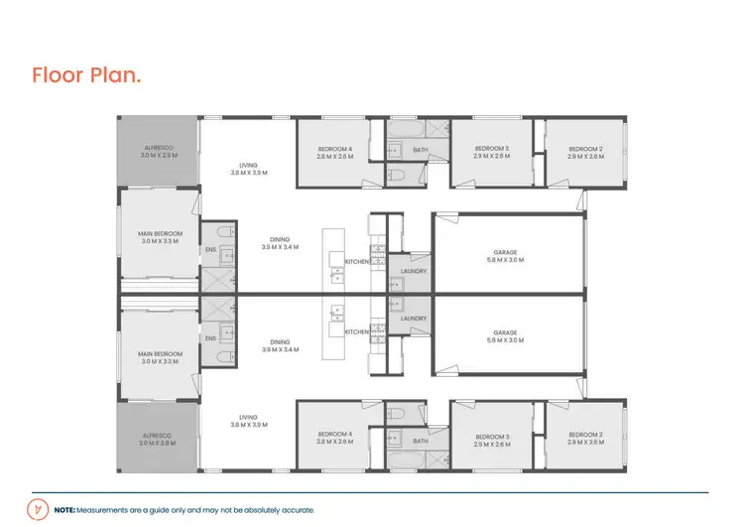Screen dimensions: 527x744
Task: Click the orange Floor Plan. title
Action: coord(85,74)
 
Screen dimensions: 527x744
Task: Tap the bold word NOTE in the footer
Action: coord(64,509)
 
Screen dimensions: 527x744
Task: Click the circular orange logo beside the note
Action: coord(39,509)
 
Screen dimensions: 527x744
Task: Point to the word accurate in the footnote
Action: coord(295,509)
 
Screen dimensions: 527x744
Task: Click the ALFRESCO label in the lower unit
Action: coord(157,435)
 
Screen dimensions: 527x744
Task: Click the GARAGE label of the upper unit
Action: coord(506,253)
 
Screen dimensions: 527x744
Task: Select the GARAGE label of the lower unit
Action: coord(506,333)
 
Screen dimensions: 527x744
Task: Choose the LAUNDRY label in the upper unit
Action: coord(414,271)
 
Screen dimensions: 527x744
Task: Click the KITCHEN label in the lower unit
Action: coord(357,331)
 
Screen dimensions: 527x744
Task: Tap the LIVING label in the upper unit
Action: coord(248,166)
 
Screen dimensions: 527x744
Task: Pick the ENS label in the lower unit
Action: coord(209,338)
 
